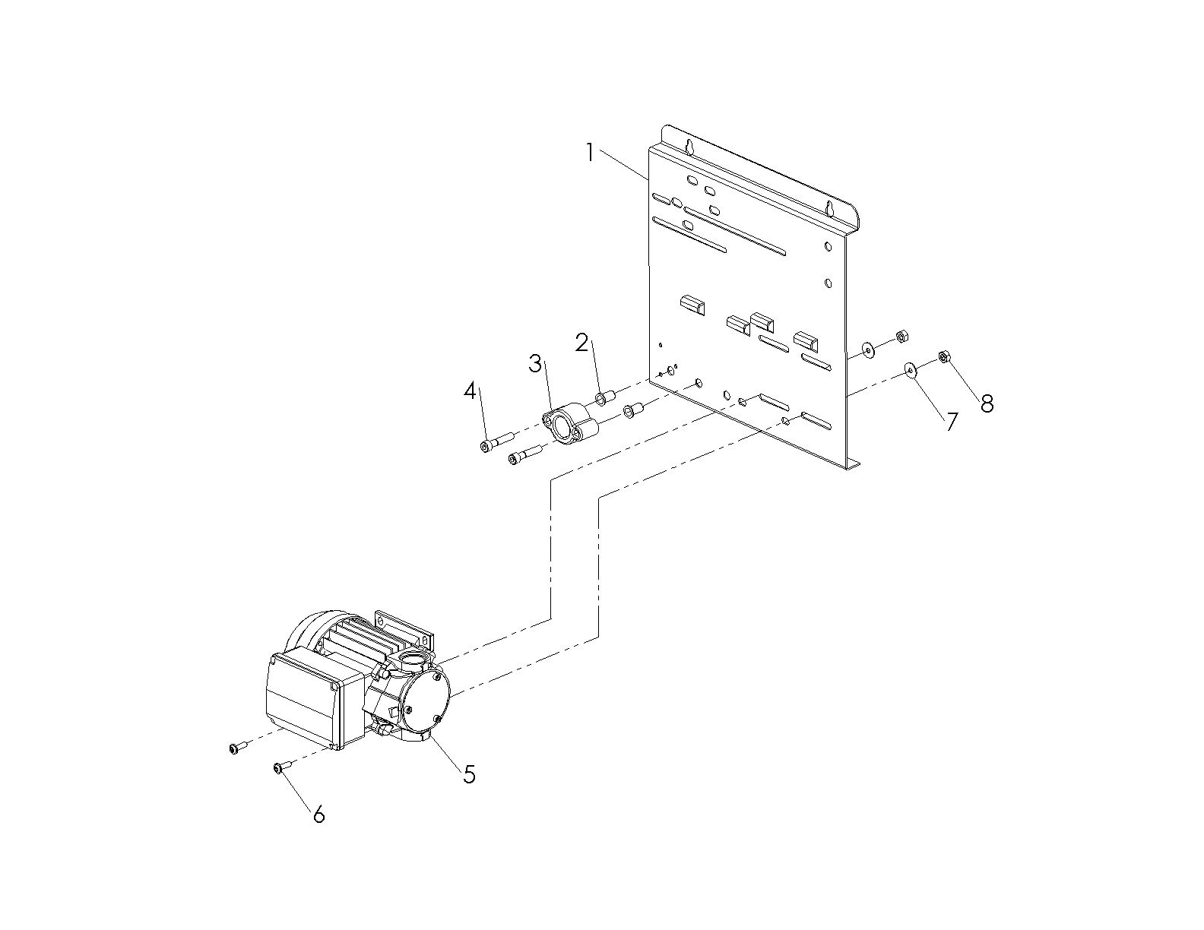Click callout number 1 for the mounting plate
589,152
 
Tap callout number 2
582,343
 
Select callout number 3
536,364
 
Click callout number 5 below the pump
469,774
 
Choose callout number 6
319,815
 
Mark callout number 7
952,422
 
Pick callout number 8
987,403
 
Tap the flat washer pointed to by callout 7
910,370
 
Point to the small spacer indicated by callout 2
603,397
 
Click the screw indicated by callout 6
279,769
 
